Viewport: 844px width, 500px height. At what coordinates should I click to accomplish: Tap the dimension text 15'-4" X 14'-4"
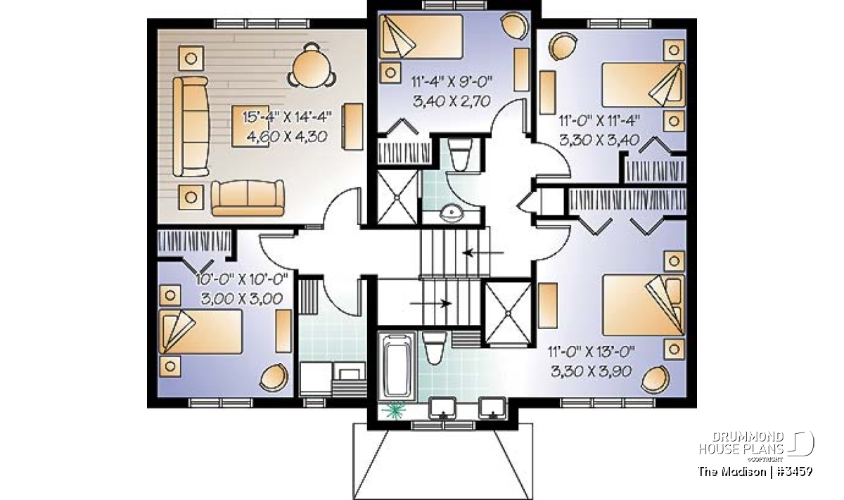point(287,117)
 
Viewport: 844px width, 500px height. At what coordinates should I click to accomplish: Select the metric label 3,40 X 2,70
point(452,101)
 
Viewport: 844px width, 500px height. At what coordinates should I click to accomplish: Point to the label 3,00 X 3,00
point(241,299)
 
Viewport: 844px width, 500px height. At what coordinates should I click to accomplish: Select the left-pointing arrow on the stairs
point(483,252)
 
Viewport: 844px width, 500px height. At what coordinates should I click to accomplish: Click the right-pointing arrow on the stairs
point(430,303)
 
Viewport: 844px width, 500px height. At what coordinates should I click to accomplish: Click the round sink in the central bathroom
point(452,213)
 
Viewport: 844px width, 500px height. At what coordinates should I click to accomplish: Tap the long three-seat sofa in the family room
point(191,127)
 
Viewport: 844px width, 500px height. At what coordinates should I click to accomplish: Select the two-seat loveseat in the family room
point(248,198)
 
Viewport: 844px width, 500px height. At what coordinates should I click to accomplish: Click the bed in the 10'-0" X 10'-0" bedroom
point(200,331)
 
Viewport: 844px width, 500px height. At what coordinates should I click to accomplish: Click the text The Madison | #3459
point(755,472)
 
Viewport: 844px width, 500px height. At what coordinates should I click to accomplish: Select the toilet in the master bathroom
point(433,347)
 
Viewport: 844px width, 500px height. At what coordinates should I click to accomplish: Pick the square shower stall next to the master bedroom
point(508,313)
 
